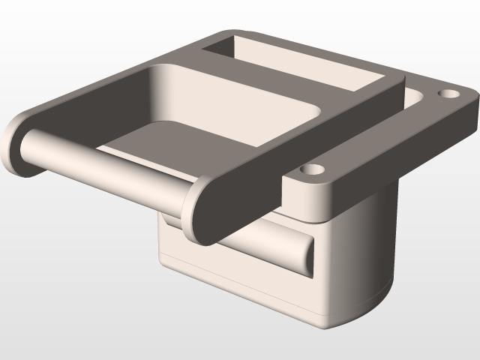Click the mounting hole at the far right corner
[448, 95]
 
